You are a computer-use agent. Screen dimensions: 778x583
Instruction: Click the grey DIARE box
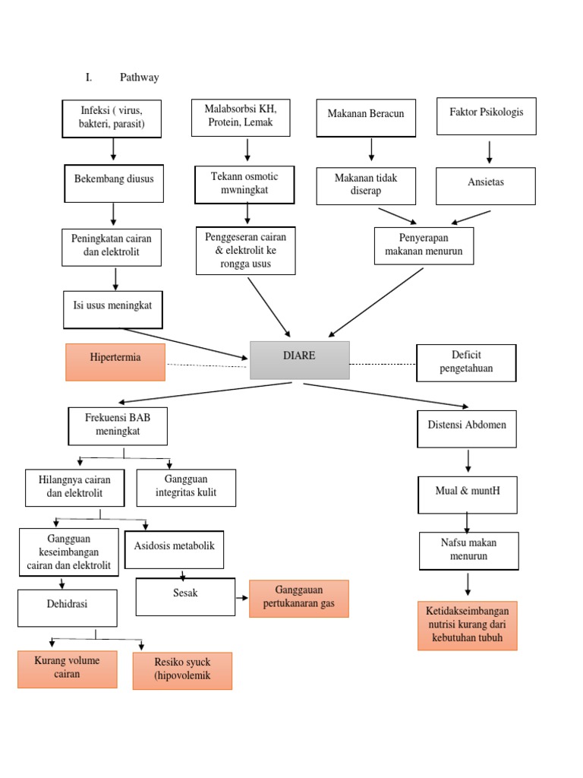[x=300, y=359]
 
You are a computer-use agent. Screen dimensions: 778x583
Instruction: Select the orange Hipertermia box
[x=115, y=362]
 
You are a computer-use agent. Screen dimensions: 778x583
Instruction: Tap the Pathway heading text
[x=140, y=77]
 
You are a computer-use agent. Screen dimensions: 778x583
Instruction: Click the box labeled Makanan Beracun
[x=366, y=118]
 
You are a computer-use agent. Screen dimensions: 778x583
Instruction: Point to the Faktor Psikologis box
[x=486, y=116]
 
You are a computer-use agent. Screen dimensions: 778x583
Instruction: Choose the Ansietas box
[x=486, y=186]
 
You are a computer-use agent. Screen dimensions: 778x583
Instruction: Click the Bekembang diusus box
[x=114, y=184]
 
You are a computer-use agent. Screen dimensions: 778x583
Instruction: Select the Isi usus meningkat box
[x=113, y=309]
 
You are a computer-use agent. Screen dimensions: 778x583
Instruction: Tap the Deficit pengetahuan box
[x=466, y=362]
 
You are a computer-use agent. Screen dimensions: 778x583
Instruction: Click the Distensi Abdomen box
[x=467, y=429]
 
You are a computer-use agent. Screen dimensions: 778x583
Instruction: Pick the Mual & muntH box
[x=468, y=495]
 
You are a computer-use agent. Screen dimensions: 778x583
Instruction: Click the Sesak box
[x=185, y=597]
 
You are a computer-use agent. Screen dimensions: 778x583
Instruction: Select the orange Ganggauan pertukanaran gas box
[x=298, y=599]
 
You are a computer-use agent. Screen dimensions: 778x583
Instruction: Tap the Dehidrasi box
[x=68, y=609]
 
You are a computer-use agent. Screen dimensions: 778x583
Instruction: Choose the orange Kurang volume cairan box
[x=68, y=669]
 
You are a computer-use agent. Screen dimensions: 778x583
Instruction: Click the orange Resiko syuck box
[x=182, y=670]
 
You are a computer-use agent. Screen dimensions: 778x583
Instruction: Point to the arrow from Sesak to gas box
[x=242, y=598]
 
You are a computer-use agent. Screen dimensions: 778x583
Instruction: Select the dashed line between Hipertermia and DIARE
[x=207, y=365]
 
